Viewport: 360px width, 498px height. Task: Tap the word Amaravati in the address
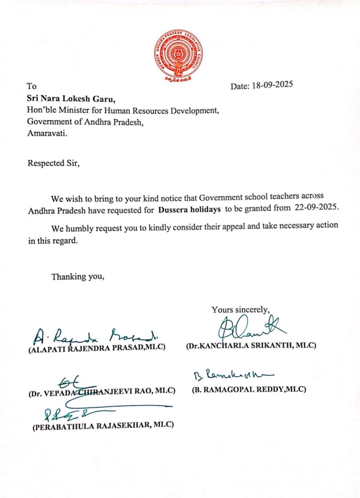(x=45, y=132)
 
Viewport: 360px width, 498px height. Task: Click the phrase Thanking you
(x=78, y=277)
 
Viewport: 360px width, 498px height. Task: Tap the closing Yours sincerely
(x=240, y=310)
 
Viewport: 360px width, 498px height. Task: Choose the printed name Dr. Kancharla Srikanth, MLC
(x=251, y=346)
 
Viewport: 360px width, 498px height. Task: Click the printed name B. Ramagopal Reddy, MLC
(x=249, y=389)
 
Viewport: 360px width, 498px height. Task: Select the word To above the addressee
(x=31, y=86)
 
